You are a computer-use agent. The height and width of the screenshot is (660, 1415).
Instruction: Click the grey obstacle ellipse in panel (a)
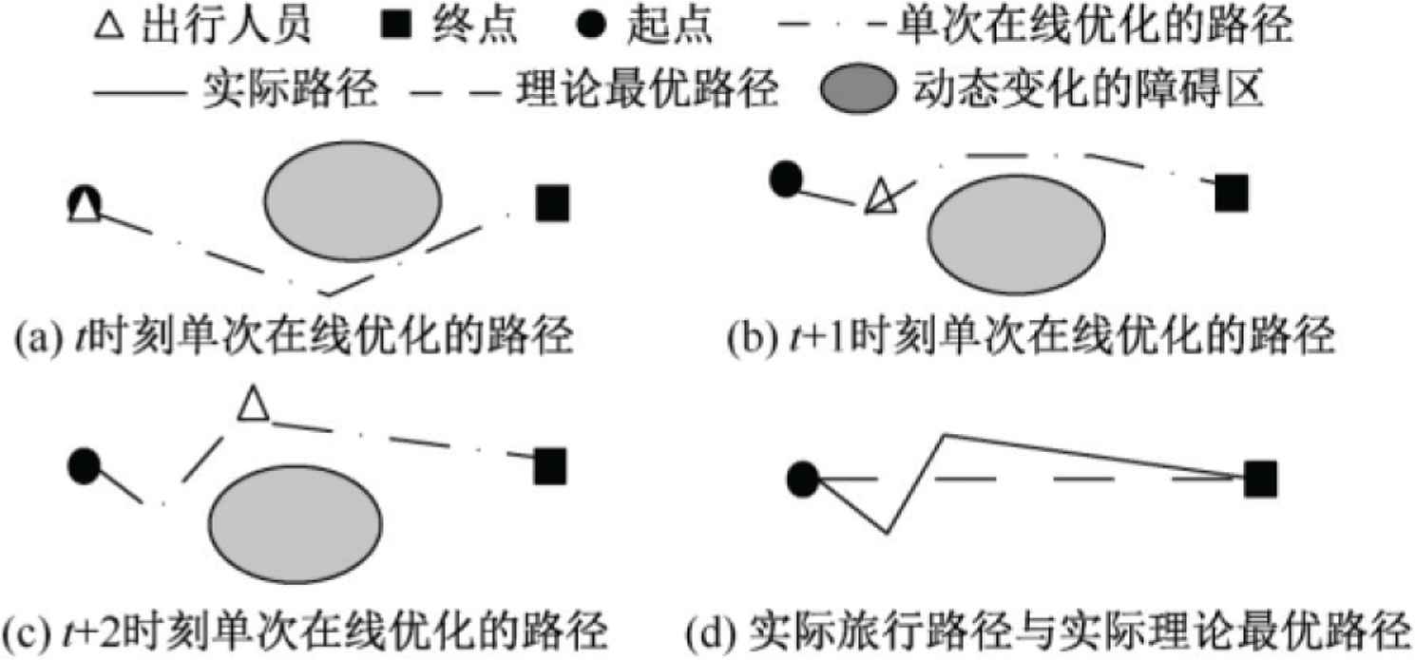coord(353,201)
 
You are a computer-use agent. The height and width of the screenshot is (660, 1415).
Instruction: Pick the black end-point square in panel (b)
coord(1232,194)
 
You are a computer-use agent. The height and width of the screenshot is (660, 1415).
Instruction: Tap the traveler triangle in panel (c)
coord(253,404)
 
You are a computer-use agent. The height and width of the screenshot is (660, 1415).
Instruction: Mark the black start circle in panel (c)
coord(85,465)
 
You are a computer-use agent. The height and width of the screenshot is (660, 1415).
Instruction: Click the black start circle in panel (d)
coord(803,479)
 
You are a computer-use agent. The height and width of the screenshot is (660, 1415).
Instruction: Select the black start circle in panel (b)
coord(785,179)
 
